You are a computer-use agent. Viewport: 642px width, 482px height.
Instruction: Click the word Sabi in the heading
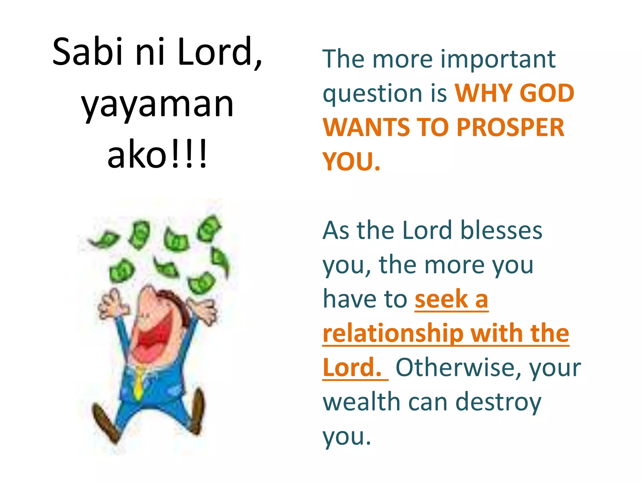pyautogui.click(x=87, y=52)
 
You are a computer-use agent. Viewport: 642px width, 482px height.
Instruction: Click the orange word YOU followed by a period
pyautogui.click(x=351, y=162)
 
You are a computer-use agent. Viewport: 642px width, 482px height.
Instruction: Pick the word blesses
pyautogui.click(x=501, y=231)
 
